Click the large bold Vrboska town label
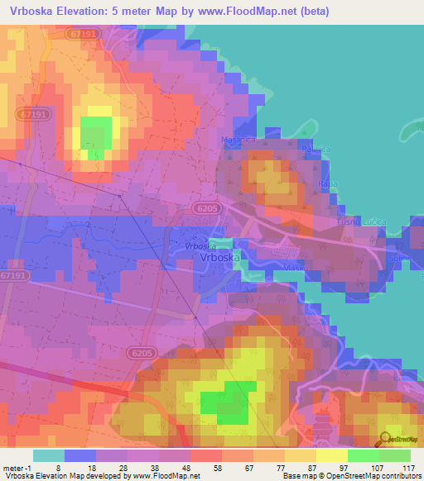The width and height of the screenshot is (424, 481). click(222, 258)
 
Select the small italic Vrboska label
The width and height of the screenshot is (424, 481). click(201, 245)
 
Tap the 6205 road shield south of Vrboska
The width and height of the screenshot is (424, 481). click(142, 353)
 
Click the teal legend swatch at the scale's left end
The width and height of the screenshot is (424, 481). click(49, 455)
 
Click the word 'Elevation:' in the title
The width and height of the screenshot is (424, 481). click(97, 11)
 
